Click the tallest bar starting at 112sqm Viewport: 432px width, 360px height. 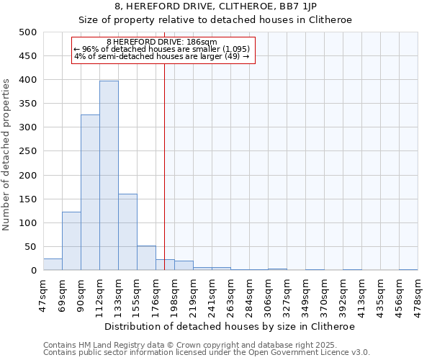pos(109,176)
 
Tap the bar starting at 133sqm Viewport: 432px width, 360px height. pos(127,232)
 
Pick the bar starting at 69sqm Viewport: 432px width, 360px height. pos(71,241)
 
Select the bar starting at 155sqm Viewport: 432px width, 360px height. pos(146,258)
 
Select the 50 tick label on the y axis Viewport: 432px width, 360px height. pos(30,247)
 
